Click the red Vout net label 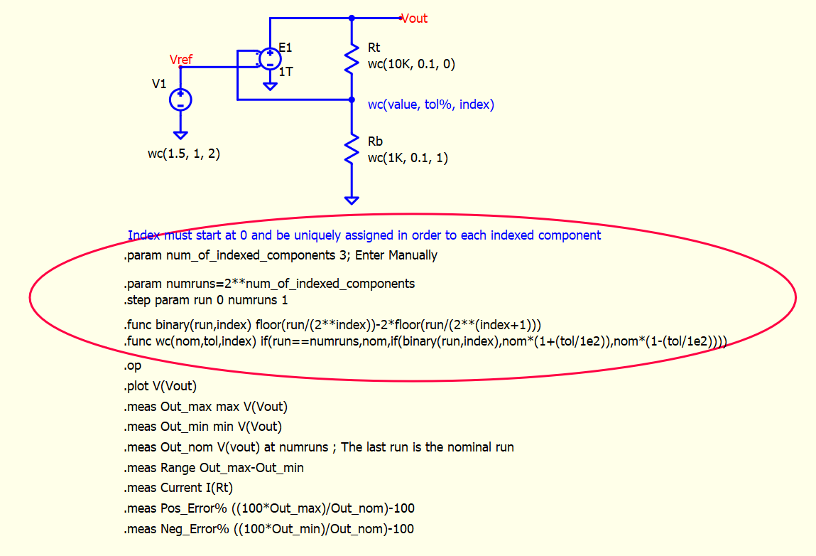(x=414, y=18)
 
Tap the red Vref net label (x=181, y=60)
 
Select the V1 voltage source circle (x=180, y=100)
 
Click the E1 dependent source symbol (x=270, y=58)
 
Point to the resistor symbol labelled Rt (x=352, y=58)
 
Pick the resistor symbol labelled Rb (x=352, y=149)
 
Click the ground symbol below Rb (x=352, y=200)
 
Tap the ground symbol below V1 (x=180, y=136)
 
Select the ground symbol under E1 (x=270, y=87)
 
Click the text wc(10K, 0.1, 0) (x=411, y=64)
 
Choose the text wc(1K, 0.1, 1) (x=408, y=158)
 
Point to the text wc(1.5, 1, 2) (x=184, y=154)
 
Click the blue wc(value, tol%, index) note (x=431, y=105)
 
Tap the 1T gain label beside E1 (x=285, y=72)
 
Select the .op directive (x=132, y=366)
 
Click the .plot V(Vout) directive (x=161, y=386)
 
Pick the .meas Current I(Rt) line (x=178, y=488)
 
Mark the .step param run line (x=205, y=301)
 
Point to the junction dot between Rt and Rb (x=352, y=100)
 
